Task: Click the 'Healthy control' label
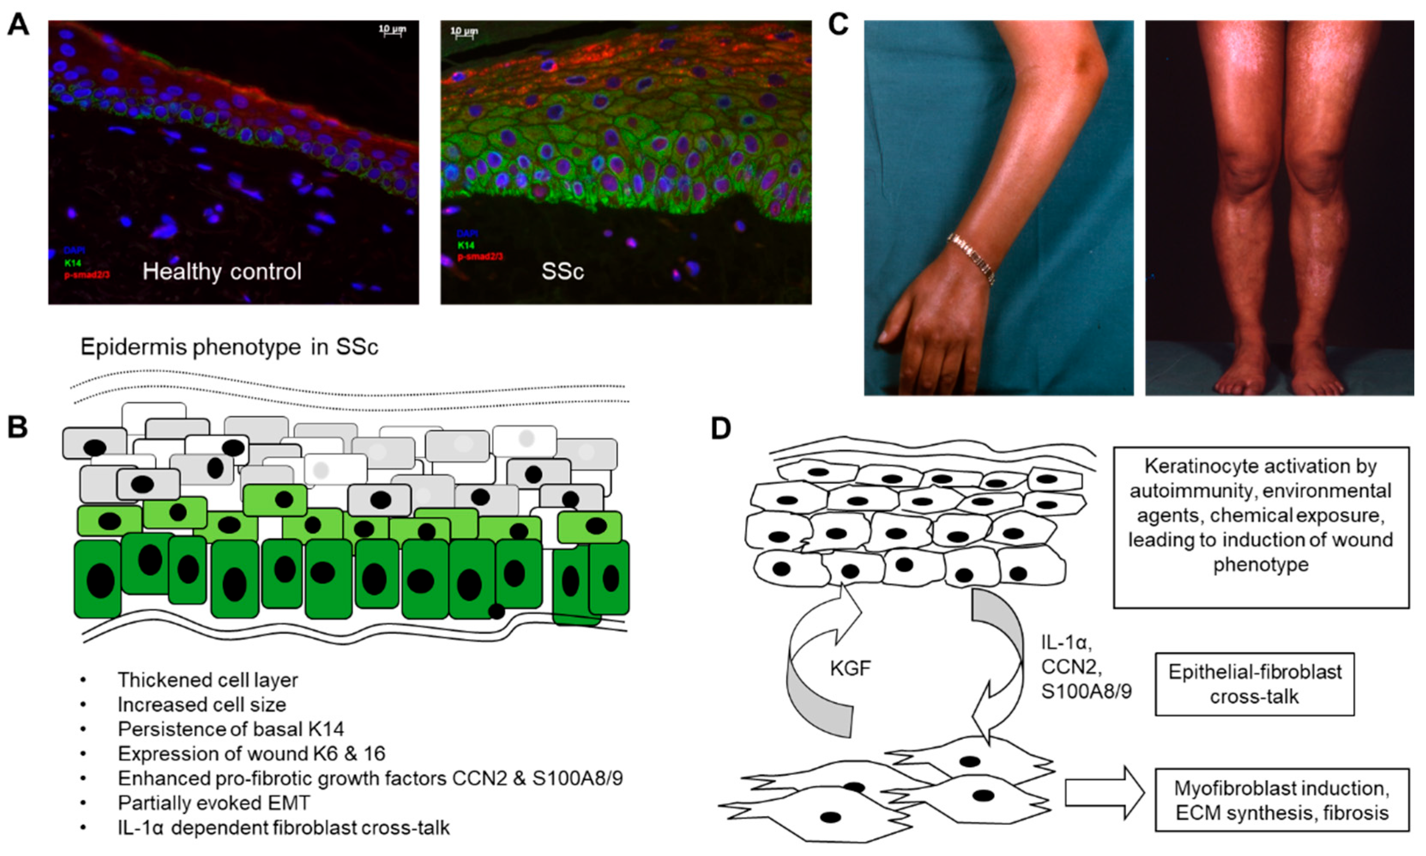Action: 222,271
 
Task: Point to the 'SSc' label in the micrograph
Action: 563,271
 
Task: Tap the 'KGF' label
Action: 850,668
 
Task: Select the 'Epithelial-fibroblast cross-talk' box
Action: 1254,684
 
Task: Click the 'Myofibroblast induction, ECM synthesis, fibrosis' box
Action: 1282,800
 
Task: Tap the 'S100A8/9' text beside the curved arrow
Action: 1086,691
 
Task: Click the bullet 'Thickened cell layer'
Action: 208,680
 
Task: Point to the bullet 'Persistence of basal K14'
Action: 231,729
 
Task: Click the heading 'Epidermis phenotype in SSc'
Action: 229,347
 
